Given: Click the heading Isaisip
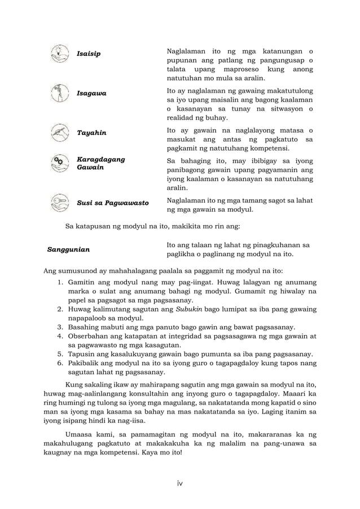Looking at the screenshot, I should pyautogui.click(x=89, y=54).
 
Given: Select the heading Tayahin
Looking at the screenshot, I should pyautogui.click(x=91, y=133).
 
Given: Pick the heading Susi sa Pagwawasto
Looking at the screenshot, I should pyautogui.click(x=112, y=201).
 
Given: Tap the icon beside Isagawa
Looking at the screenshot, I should pyautogui.click(x=58, y=93).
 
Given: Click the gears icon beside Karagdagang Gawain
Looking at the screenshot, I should pyautogui.click(x=58, y=163).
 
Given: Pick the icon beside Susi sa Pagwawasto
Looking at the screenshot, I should pyautogui.click(x=58, y=201).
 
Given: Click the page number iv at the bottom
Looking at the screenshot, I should pyautogui.click(x=179, y=483).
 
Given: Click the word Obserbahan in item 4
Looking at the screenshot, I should pyautogui.click(x=90, y=336).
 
